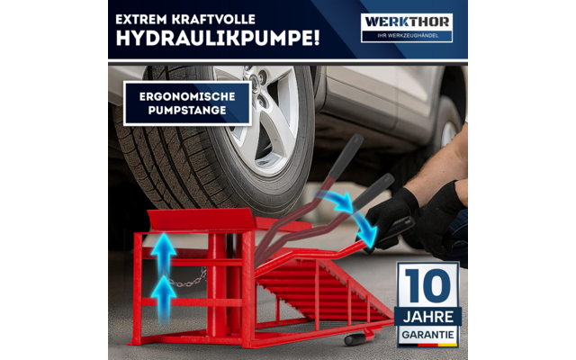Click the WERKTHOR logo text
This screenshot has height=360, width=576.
click(x=406, y=21)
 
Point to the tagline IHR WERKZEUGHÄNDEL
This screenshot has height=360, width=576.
click(x=406, y=36)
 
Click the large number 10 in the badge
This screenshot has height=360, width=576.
click(x=427, y=286)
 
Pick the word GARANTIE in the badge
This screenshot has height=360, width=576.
click(x=427, y=330)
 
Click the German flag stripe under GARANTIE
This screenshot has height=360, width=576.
click(x=427, y=343)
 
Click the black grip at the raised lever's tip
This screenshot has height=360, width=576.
click(x=351, y=147)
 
